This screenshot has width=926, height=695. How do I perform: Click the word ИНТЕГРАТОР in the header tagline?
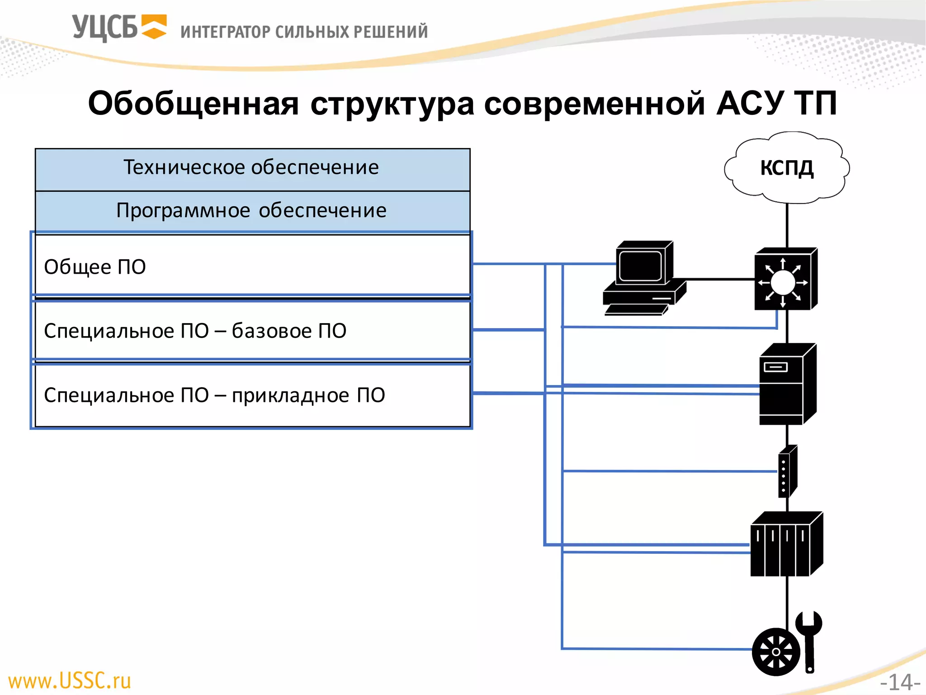225,32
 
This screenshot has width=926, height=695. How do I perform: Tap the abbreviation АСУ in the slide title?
750,103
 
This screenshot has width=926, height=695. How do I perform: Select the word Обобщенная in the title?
193,103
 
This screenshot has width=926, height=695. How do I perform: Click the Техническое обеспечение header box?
252,168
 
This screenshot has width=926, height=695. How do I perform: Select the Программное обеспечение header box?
252,210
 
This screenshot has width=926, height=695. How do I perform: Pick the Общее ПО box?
252,266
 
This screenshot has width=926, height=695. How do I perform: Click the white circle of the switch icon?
783,283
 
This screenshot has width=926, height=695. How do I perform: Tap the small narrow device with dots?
787,471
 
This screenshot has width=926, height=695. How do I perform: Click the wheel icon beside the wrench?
776,652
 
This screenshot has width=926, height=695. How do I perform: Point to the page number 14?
900,682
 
